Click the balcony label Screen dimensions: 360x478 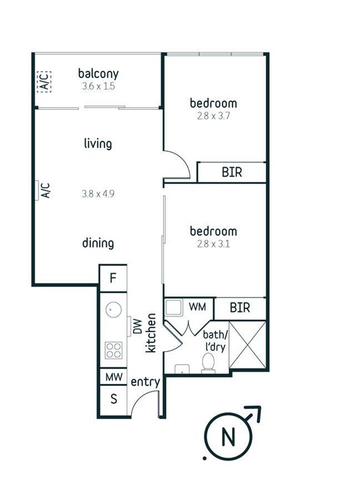click(x=98, y=74)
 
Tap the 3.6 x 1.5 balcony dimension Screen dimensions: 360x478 click(x=98, y=86)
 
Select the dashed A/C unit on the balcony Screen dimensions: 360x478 click(x=44, y=82)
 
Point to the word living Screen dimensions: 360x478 click(x=98, y=143)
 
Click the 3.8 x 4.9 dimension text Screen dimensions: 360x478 click(x=98, y=193)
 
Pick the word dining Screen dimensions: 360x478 click(x=98, y=243)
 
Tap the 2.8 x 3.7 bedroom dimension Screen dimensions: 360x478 click(x=213, y=116)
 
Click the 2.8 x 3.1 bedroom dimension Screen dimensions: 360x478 click(x=213, y=244)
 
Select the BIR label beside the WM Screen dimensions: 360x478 click(x=240, y=308)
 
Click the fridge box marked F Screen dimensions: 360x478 click(x=113, y=278)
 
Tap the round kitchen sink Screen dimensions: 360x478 click(x=114, y=310)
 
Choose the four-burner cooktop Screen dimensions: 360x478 click(x=114, y=350)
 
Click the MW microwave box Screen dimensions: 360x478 click(x=114, y=377)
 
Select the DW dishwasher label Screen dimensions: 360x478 click(x=138, y=326)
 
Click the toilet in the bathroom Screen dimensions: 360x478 click(x=208, y=363)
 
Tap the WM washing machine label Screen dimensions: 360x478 click(x=197, y=307)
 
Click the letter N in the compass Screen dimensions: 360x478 click(x=228, y=436)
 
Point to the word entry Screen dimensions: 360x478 click(x=145, y=382)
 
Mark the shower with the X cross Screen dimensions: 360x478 click(x=247, y=345)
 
